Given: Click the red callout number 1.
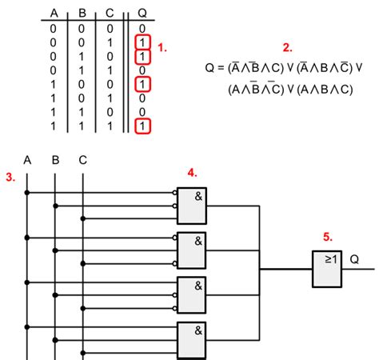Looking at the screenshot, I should [162, 47].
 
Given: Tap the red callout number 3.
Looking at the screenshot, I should [10, 177].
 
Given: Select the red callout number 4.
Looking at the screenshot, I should [192, 172].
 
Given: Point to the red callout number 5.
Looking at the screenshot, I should [327, 237].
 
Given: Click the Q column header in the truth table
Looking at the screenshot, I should [142, 12].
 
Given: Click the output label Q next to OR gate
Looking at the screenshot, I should [354, 259].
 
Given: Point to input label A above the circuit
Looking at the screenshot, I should [27, 160].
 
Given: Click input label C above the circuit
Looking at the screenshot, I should [82, 160].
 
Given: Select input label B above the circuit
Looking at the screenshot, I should [55, 160].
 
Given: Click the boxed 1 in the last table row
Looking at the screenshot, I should [142, 126].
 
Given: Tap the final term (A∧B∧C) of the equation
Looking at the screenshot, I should [323, 89].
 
